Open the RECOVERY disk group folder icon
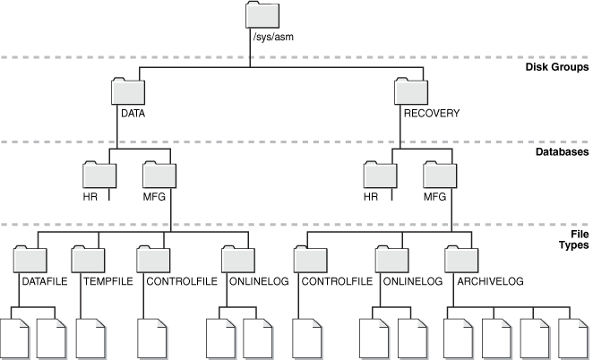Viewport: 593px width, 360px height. [x=412, y=91]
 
